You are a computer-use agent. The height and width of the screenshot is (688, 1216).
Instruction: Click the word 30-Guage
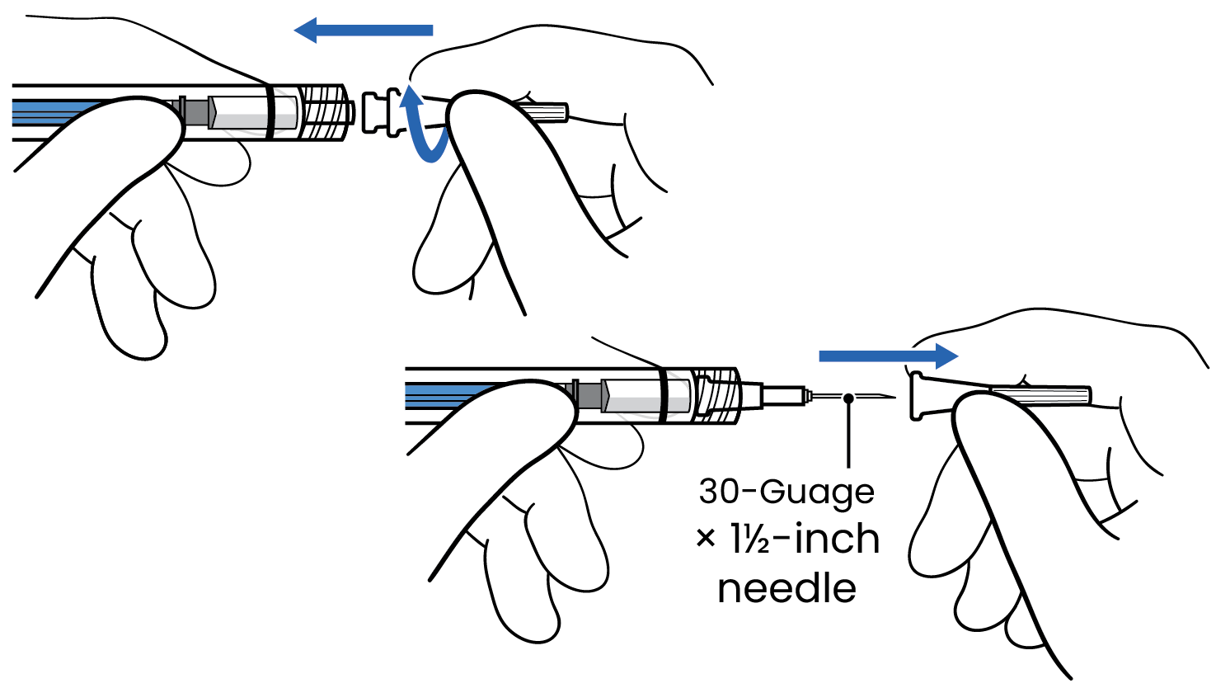pyautogui.click(x=786, y=492)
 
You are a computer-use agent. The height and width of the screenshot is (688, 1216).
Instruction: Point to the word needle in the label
pyautogui.click(x=786, y=589)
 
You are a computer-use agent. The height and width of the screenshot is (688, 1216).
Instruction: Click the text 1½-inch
pyautogui.click(x=805, y=540)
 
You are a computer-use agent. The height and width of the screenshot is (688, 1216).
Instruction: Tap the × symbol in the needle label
pyautogui.click(x=706, y=540)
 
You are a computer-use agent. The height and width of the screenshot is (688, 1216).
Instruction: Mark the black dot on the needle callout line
pyautogui.click(x=848, y=398)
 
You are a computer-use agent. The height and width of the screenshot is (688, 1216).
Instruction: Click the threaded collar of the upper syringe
pyautogui.click(x=325, y=111)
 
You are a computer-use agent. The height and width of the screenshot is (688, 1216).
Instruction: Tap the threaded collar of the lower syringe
pyautogui.click(x=719, y=394)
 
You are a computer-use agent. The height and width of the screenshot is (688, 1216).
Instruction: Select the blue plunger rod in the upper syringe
pyautogui.click(x=58, y=111)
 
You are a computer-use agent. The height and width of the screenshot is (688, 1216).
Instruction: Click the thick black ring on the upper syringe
pyautogui.click(x=269, y=111)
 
